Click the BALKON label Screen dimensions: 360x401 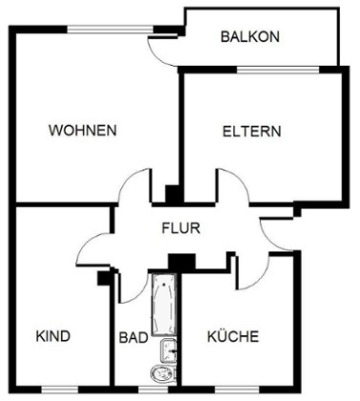250,36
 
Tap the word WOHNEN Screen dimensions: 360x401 82,131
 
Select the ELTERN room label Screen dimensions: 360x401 251,132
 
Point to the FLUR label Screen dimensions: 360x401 180,228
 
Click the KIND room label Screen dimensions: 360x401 53,336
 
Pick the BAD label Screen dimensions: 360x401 134,337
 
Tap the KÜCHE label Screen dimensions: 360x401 233,336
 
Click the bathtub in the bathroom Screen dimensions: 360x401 164,305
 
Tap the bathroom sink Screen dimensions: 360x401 168,350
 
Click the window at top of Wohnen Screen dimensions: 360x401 110,30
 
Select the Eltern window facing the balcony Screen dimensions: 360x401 278,70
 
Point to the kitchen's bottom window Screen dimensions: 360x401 237,390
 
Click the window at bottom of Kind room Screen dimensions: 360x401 60,390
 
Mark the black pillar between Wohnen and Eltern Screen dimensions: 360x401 172,194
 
